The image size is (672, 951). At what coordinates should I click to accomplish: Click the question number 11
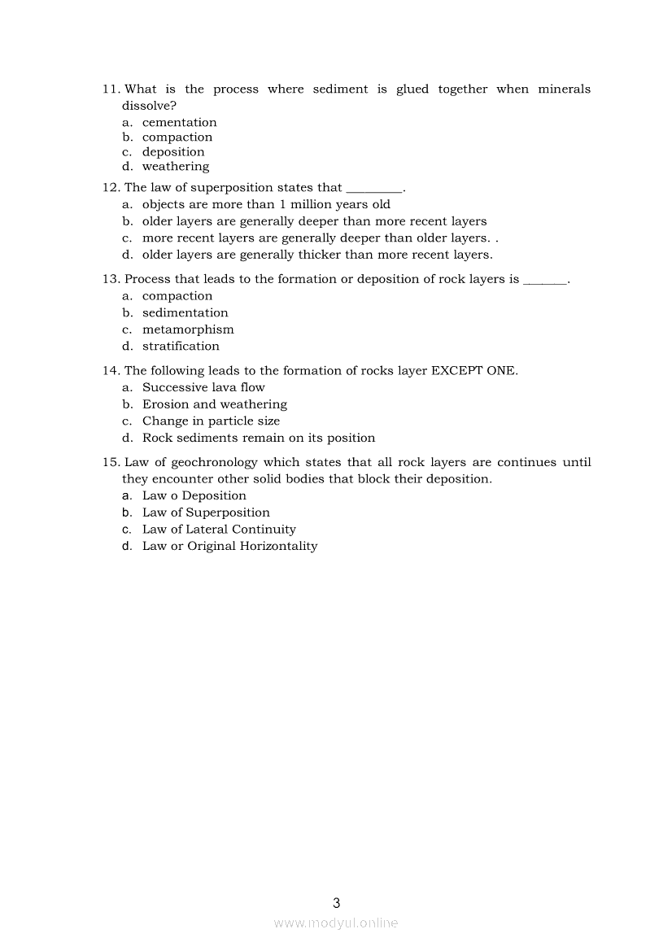click(x=111, y=89)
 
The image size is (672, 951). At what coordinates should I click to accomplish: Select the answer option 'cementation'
click(x=179, y=123)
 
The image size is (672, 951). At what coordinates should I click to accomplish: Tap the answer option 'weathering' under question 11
click(x=176, y=167)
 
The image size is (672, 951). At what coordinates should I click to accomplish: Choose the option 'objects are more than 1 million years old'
click(x=266, y=205)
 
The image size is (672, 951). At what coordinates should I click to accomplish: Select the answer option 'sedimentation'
click(x=185, y=313)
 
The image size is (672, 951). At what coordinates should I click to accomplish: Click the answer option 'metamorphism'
click(x=188, y=329)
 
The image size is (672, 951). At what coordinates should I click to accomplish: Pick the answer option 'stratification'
click(x=181, y=347)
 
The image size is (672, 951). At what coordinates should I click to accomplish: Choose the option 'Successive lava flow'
click(x=203, y=388)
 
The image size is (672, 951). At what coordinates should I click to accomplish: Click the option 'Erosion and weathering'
click(x=214, y=404)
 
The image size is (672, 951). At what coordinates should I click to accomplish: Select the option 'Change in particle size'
click(x=211, y=421)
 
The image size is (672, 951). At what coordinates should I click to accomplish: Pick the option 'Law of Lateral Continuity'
click(x=219, y=530)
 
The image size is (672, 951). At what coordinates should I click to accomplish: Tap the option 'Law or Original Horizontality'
click(x=229, y=547)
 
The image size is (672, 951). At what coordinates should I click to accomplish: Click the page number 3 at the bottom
click(x=336, y=902)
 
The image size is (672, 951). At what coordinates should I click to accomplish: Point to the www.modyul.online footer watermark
click(x=336, y=923)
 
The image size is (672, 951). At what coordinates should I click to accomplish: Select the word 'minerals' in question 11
click(x=564, y=89)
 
